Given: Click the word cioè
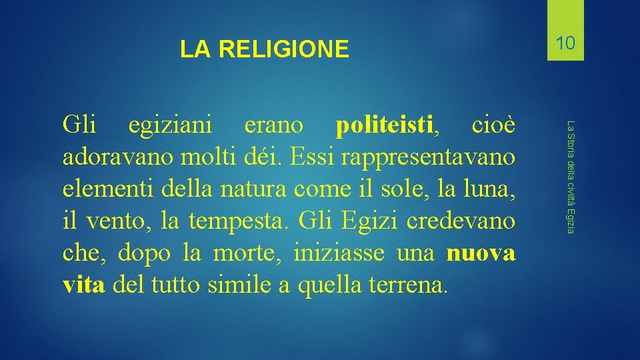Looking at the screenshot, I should (x=493, y=125).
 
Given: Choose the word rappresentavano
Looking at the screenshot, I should (x=430, y=158).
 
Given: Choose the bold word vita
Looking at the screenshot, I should (x=83, y=285).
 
